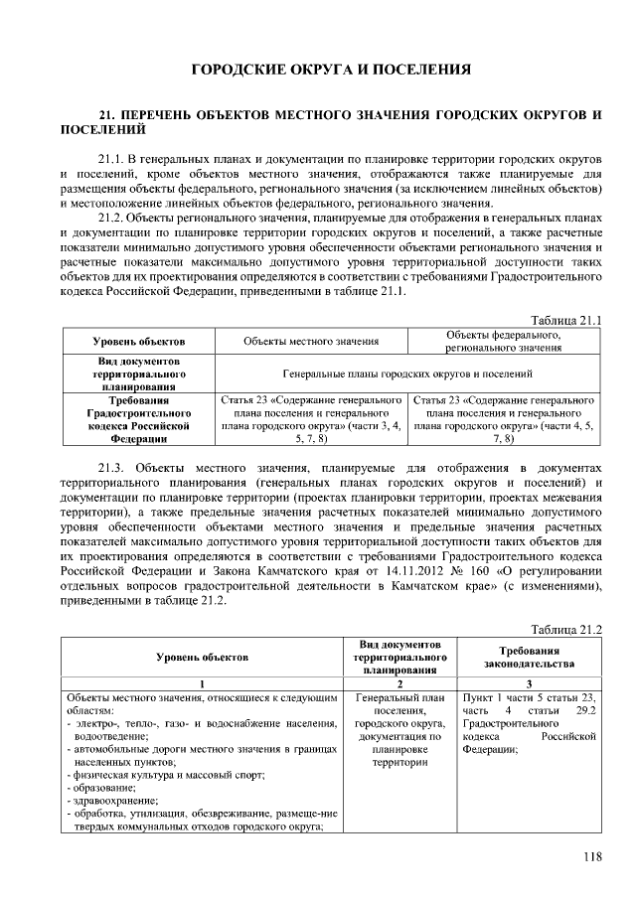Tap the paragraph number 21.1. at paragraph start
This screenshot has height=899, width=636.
113,160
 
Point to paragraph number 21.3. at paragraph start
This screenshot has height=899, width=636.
114,467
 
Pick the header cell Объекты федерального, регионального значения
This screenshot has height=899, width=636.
504,341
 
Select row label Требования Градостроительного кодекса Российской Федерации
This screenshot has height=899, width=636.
138,418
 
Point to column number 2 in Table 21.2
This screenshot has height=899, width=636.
399,683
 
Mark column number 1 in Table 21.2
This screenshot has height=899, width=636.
202,683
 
